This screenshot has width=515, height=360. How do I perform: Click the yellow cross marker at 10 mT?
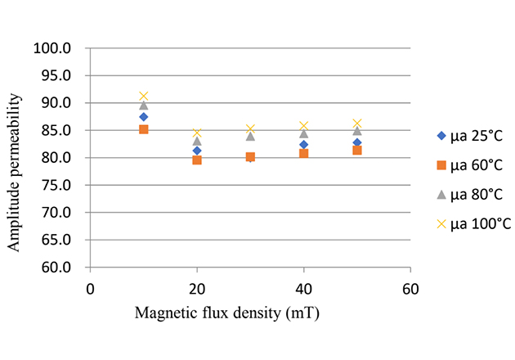(x=144, y=97)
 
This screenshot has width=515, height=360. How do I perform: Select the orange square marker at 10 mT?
(x=144, y=129)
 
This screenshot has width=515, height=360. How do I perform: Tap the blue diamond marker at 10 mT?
(x=144, y=117)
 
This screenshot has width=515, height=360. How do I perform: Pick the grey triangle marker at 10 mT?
(x=144, y=106)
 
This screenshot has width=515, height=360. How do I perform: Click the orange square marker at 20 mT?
(x=197, y=160)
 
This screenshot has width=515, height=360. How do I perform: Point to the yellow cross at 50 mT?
(x=357, y=124)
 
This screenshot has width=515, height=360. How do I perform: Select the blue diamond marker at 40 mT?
(x=304, y=145)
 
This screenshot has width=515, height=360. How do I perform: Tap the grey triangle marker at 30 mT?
(x=250, y=136)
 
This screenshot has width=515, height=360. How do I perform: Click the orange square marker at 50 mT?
(x=357, y=151)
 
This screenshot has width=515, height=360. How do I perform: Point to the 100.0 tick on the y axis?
(x=54, y=48)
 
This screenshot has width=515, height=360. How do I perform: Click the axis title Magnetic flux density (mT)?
(x=250, y=312)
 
